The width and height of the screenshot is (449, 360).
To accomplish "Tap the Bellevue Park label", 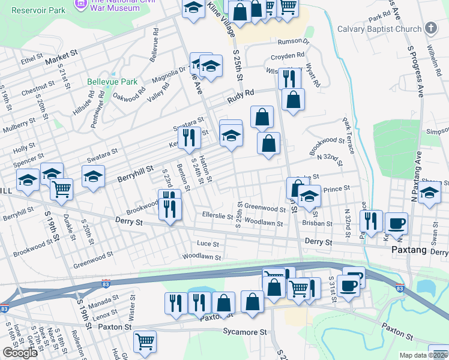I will pyautogui.click(x=112, y=82).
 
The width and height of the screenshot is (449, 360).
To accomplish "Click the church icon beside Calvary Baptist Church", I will pyautogui.click(x=430, y=28).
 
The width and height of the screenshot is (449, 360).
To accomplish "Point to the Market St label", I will pyautogui.click(x=61, y=56).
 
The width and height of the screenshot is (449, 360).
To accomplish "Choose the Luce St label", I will pyautogui.click(x=208, y=243).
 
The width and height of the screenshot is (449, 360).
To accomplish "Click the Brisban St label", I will pyautogui.click(x=318, y=223).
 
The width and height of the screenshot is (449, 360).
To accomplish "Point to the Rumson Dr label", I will pyautogui.click(x=293, y=41).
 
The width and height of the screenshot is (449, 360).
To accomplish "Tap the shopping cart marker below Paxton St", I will pyautogui.click(x=145, y=341).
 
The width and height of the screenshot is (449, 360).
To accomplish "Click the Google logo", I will pyautogui.click(x=20, y=353).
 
